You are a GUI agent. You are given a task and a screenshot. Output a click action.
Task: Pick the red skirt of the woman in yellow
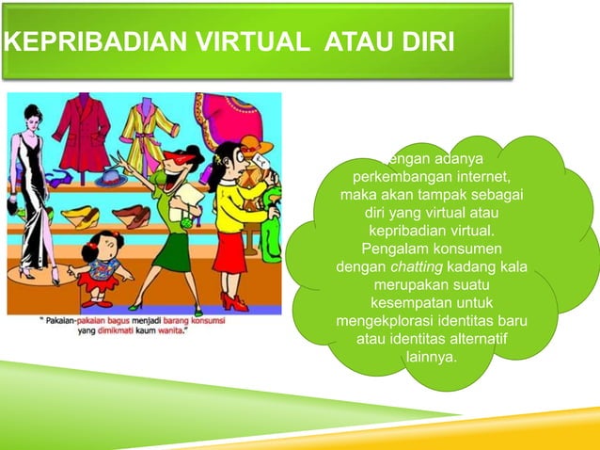click(231, 253)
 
